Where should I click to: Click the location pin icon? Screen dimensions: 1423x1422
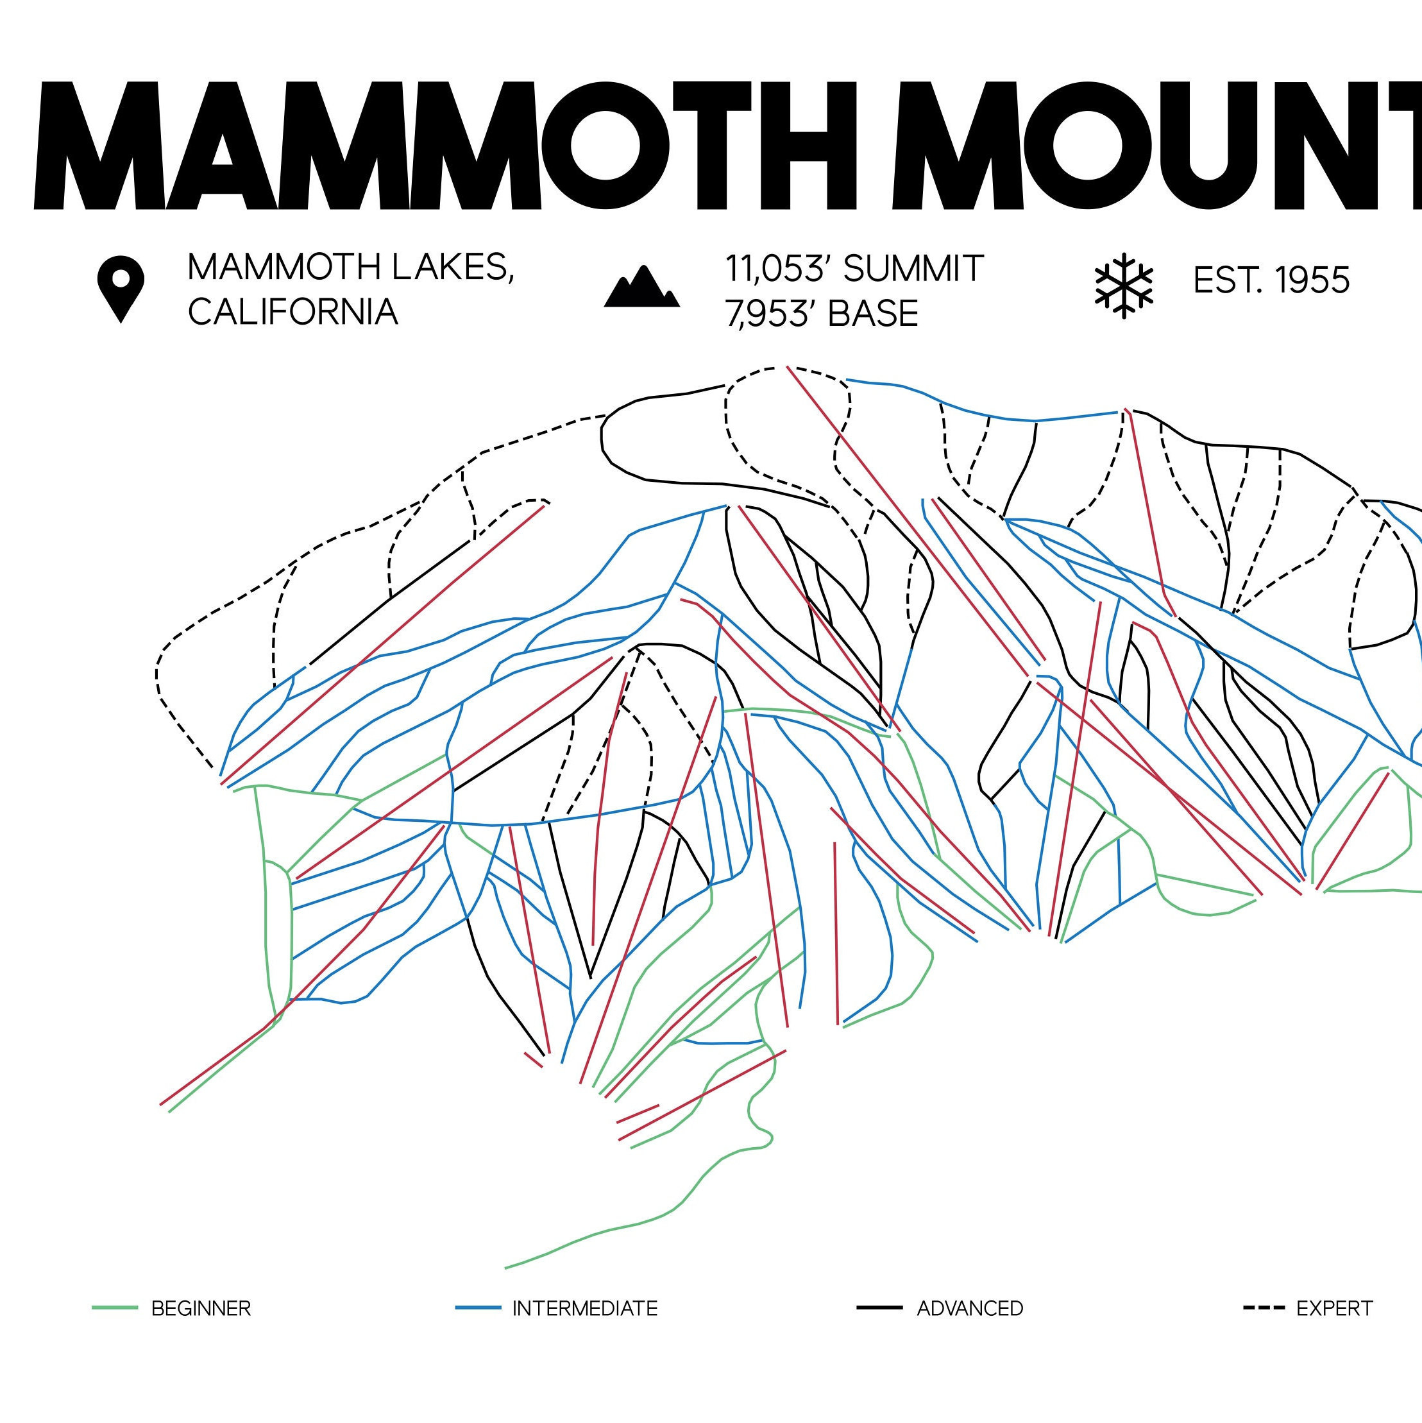click(x=121, y=288)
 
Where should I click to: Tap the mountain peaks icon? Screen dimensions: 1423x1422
click(x=641, y=287)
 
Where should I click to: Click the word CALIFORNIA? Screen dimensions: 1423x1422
click(x=292, y=312)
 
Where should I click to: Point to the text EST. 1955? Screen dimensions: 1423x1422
click(x=1271, y=280)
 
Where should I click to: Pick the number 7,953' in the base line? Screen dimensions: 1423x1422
click(x=770, y=314)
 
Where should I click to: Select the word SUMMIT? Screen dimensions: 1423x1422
click(x=913, y=269)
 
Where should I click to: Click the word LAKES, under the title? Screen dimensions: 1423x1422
click(x=452, y=267)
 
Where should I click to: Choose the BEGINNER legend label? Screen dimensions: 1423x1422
click(x=201, y=1308)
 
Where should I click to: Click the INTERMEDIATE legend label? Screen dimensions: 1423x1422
click(x=585, y=1308)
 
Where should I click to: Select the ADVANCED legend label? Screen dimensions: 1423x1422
click(x=970, y=1308)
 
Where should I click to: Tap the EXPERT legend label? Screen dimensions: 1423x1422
click(x=1334, y=1308)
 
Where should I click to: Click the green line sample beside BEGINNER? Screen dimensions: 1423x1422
click(x=115, y=1308)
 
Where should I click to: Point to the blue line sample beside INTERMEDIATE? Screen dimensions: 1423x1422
click(x=478, y=1308)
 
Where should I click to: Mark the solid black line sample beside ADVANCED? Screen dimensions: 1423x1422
click(x=879, y=1308)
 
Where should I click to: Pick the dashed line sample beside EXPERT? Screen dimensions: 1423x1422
click(x=1264, y=1308)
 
